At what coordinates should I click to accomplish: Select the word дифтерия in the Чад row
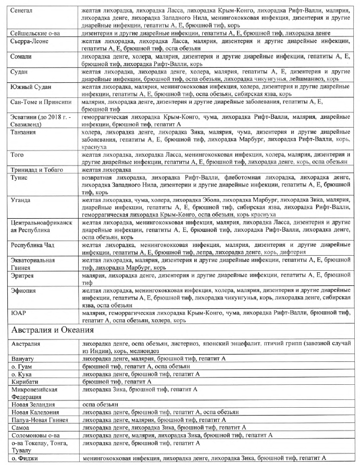[x=291, y=252]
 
